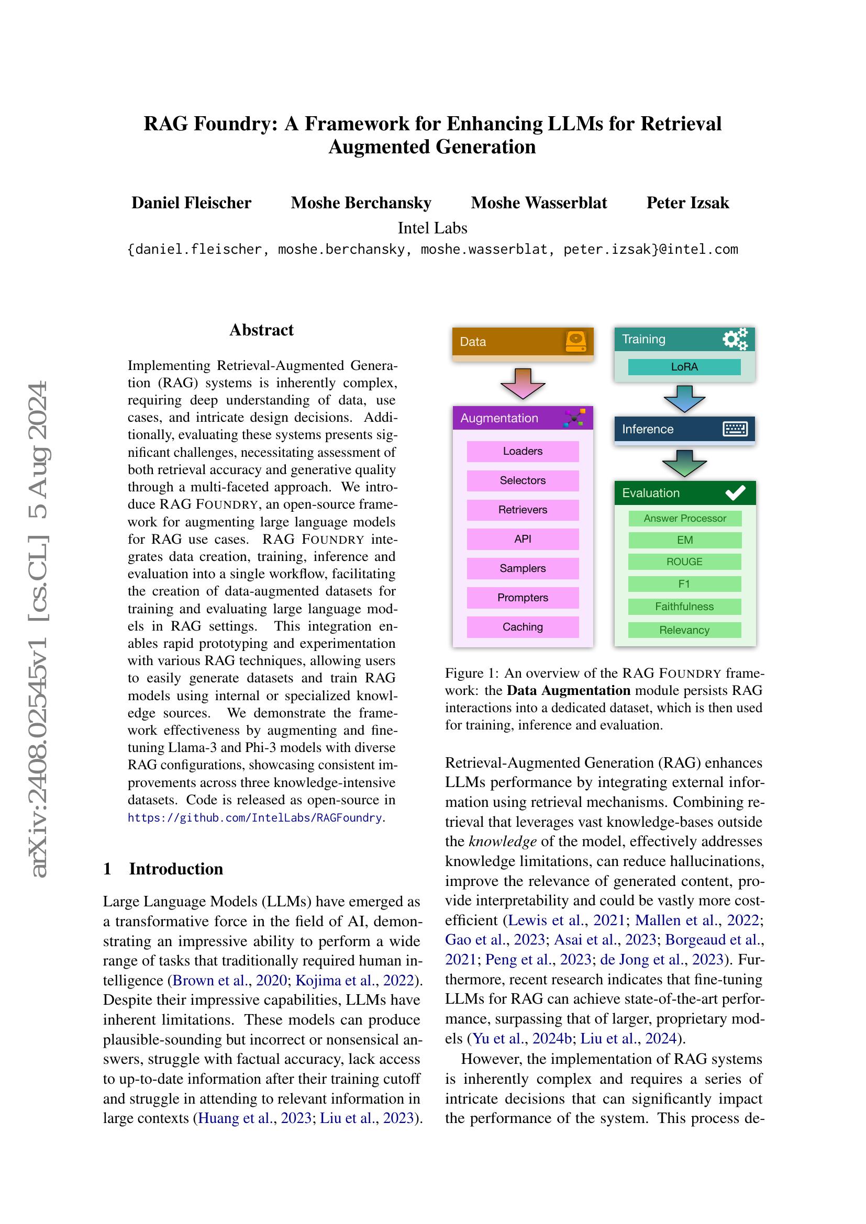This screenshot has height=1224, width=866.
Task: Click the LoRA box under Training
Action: pos(684,367)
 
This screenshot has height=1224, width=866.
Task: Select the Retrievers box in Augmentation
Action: pos(523,510)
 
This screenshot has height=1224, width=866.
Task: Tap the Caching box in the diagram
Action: pos(523,627)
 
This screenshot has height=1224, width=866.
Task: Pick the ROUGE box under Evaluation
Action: pos(684,562)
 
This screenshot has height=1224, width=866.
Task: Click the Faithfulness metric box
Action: pos(684,607)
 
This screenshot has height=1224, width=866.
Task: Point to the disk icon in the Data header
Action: pos(576,341)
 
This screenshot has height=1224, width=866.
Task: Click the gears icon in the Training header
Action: pos(735,339)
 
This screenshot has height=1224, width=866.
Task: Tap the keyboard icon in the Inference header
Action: pos(735,429)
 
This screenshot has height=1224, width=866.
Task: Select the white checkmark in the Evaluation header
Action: pos(735,493)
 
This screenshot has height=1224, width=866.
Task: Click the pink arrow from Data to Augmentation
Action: pos(523,383)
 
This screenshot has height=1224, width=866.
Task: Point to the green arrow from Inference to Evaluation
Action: pos(684,463)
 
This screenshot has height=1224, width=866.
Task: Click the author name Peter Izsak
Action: pos(687,203)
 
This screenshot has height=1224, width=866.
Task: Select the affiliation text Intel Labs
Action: pos(432,228)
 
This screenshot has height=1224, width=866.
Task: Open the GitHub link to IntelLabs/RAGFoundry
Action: pos(255,818)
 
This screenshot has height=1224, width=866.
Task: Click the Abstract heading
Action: pos(261,330)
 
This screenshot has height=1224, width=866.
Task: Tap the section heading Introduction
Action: pos(176,869)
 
